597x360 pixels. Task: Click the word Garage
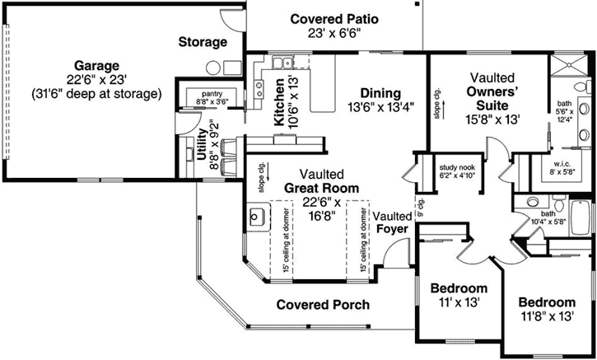pos(96,65)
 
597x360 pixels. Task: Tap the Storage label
pos(202,41)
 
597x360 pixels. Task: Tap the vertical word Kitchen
pos(279,102)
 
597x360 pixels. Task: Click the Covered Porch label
pos(322,304)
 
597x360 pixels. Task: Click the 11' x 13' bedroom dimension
pos(459,303)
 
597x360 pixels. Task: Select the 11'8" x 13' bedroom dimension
pos(547,316)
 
